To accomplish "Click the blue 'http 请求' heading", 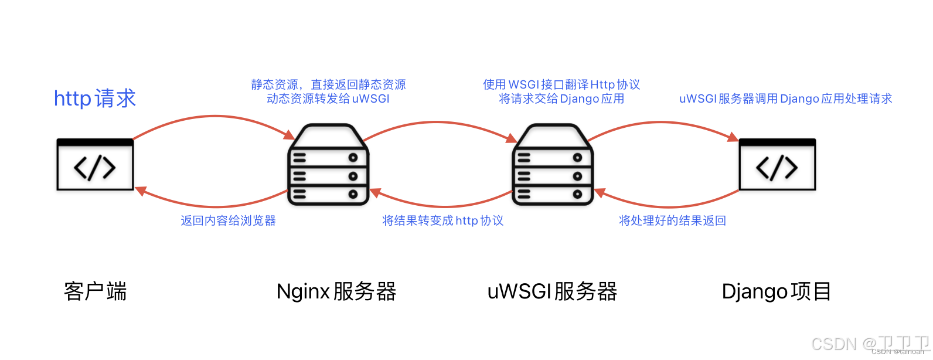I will click(94, 99).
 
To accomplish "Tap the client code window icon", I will click(95, 165).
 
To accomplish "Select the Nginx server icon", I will click(328, 165).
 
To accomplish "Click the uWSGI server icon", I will click(553, 165).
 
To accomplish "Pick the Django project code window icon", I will click(777, 165).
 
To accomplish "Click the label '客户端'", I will click(95, 291).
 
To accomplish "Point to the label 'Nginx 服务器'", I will click(336, 291).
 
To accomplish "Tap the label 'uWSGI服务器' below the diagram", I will click(552, 291).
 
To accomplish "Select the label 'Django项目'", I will click(777, 291).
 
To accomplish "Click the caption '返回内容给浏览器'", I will click(228, 220).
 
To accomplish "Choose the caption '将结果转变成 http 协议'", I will click(442, 220).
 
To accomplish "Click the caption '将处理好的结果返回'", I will click(672, 220).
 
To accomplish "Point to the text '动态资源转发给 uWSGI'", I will click(328, 99).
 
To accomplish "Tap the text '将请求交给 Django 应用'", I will click(561, 99).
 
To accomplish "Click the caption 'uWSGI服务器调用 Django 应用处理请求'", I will click(785, 99).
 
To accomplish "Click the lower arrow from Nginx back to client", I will click(214, 206).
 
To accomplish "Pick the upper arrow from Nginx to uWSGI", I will click(437, 122).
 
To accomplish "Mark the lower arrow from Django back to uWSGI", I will click(668, 206).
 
